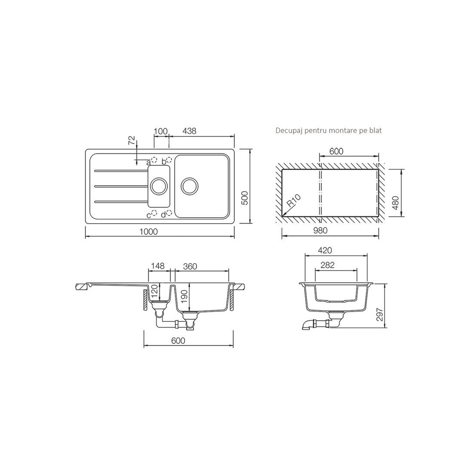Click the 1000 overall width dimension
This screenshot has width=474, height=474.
pyautogui.click(x=149, y=231)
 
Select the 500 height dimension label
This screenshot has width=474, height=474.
pyautogui.click(x=245, y=198)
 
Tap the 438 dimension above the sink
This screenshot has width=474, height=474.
pyautogui.click(x=190, y=131)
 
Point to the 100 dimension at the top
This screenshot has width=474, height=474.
pyautogui.click(x=161, y=131)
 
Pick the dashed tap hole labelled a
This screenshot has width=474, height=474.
pyautogui.click(x=154, y=160)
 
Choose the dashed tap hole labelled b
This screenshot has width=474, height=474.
pyautogui.click(x=169, y=159)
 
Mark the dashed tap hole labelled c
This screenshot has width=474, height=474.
pyautogui.click(x=154, y=213)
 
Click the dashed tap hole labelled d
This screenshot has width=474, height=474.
pyautogui.click(x=169, y=213)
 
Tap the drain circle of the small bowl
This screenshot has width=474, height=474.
pyautogui.click(x=159, y=185)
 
